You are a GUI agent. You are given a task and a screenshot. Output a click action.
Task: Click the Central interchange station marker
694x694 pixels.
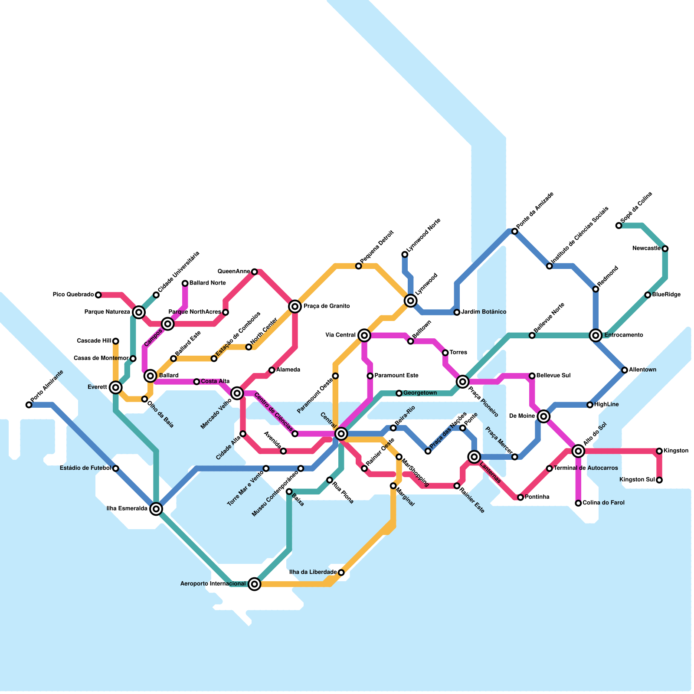pos(341,433)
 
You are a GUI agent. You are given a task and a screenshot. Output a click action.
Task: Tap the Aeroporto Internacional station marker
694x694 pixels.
pos(255,584)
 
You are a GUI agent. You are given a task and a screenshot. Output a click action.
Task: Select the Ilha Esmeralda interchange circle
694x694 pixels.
pos(157,509)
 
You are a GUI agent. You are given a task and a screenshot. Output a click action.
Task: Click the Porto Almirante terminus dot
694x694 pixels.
pos(29,405)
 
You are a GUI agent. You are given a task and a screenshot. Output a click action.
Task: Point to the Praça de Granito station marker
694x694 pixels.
pos(295,307)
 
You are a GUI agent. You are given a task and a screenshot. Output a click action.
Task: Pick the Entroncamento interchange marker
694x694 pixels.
pos(596,335)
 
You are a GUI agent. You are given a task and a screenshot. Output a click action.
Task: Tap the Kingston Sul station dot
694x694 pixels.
pos(659,480)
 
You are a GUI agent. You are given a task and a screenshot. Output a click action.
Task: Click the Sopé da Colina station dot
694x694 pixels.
pos(619,226)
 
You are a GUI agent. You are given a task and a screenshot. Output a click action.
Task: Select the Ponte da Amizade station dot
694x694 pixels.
pos(515,231)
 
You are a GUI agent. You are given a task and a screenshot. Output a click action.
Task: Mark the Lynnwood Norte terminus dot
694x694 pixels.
pos(405,254)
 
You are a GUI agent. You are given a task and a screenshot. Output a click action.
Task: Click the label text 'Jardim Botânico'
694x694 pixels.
pos(484,312)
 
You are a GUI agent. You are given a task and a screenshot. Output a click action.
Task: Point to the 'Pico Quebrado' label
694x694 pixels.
pos(73,295)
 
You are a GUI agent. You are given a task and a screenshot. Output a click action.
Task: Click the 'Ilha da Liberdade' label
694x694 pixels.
pos(313,573)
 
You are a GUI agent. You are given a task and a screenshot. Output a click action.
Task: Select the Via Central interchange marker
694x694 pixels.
pos(364,335)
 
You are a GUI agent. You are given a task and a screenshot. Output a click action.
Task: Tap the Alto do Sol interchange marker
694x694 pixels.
pos(578,451)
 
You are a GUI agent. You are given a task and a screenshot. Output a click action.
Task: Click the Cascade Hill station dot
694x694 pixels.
pos(116,341)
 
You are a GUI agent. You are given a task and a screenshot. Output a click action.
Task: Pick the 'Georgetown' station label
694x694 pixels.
pos(420,393)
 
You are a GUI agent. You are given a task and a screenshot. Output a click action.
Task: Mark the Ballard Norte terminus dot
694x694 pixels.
pos(185,283)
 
